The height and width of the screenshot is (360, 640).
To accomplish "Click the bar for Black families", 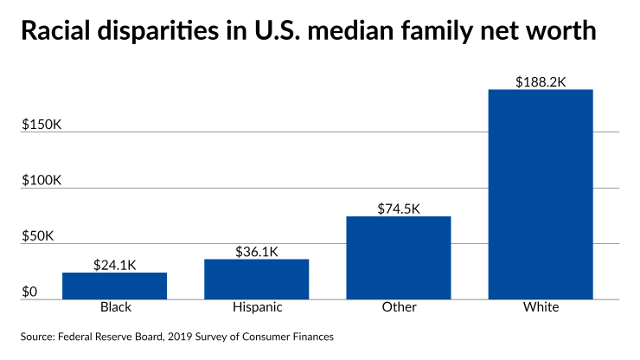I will (x=114, y=286).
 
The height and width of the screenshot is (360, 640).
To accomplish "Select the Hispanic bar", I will (x=256, y=279).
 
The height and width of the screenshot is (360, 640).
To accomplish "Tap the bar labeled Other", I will (x=399, y=258).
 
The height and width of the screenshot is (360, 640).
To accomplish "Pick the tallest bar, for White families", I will (x=541, y=195).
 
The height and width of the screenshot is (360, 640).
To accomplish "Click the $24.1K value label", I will (x=114, y=265).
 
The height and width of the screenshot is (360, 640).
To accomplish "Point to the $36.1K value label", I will (x=256, y=252).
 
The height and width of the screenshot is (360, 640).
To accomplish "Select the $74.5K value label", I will (x=399, y=209).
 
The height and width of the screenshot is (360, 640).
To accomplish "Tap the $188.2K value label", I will (x=541, y=82).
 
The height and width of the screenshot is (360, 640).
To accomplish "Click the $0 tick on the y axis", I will (x=31, y=292).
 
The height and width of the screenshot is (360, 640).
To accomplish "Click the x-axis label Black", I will (x=114, y=308).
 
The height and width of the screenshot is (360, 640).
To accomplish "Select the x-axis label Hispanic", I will (x=256, y=308).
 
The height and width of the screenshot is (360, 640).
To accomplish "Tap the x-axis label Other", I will (x=399, y=308).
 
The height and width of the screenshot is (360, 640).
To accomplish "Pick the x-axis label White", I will (x=541, y=308).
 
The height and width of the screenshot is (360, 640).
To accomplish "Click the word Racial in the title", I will (x=55, y=33).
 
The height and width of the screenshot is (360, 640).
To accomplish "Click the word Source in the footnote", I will (x=38, y=336).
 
